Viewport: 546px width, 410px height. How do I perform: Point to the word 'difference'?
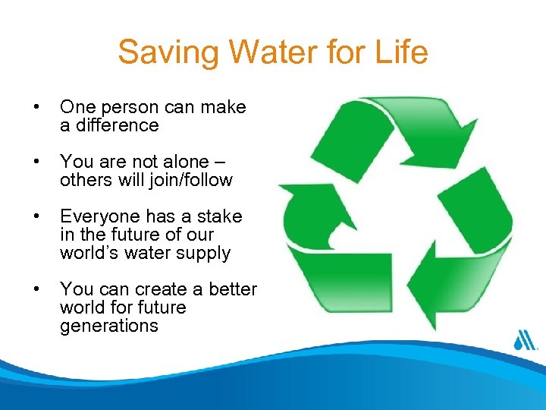pyautogui.click(x=109, y=125)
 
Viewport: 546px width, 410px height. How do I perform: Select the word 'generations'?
pyautogui.click(x=108, y=326)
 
